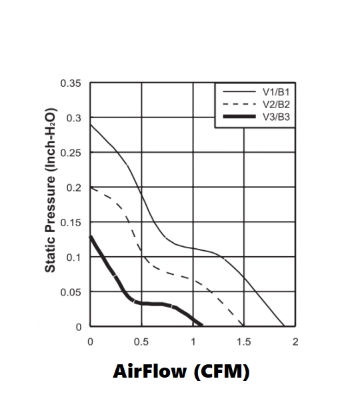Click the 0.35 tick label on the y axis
click(71, 83)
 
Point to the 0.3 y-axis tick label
click(74, 118)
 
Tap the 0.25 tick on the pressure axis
click(71, 153)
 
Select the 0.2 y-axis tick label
click(74, 187)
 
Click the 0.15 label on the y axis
click(71, 223)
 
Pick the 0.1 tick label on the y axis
click(74, 258)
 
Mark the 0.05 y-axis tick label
click(71, 292)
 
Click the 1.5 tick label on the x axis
click(244, 342)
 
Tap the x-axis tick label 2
click(295, 342)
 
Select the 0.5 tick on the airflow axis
click(141, 342)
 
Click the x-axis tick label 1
click(193, 342)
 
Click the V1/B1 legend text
click(276, 92)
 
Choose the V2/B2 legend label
click(276, 104)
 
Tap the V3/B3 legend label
click(276, 117)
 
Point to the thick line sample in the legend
click(239, 117)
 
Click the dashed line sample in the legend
click(239, 104)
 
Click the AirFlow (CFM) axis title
click(181, 372)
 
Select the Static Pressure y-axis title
click(50, 190)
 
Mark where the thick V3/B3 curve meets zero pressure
click(202, 325)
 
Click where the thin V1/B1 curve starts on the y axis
click(91, 124)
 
